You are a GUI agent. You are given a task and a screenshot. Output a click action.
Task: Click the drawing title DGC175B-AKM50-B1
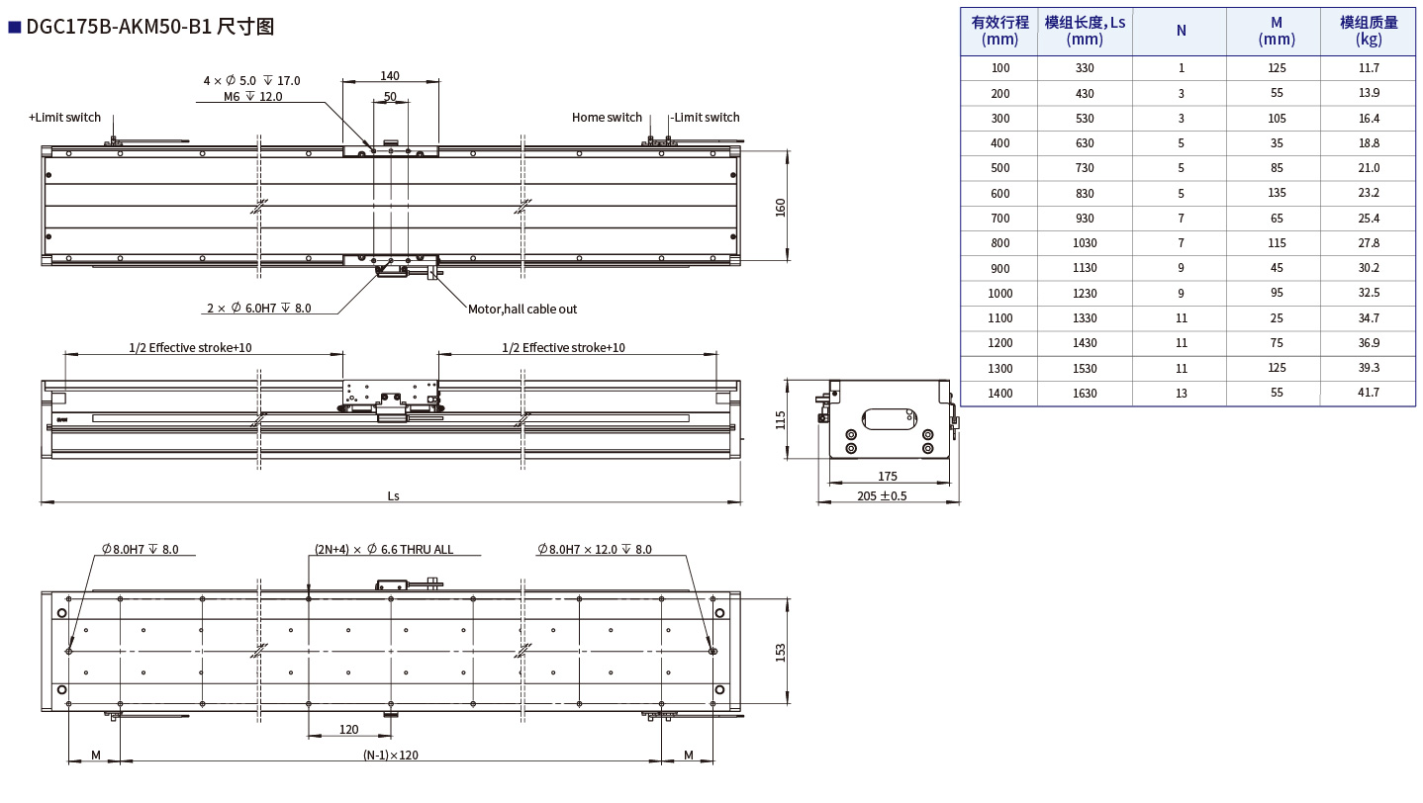click(x=119, y=27)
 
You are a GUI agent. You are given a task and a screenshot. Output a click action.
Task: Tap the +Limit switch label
click(x=64, y=118)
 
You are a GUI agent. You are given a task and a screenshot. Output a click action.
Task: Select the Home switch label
click(x=607, y=118)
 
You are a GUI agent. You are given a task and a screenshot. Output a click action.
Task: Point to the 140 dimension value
click(x=390, y=75)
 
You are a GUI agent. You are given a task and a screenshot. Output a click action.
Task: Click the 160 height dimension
click(x=781, y=208)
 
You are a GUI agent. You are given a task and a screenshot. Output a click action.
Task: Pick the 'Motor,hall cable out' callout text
click(x=522, y=310)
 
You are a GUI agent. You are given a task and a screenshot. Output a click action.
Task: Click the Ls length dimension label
click(x=393, y=495)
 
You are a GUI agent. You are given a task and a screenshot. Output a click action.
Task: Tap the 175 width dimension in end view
click(x=888, y=476)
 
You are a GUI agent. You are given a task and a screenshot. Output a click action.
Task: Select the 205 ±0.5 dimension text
click(x=882, y=495)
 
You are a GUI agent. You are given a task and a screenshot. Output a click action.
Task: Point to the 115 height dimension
click(x=781, y=419)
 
